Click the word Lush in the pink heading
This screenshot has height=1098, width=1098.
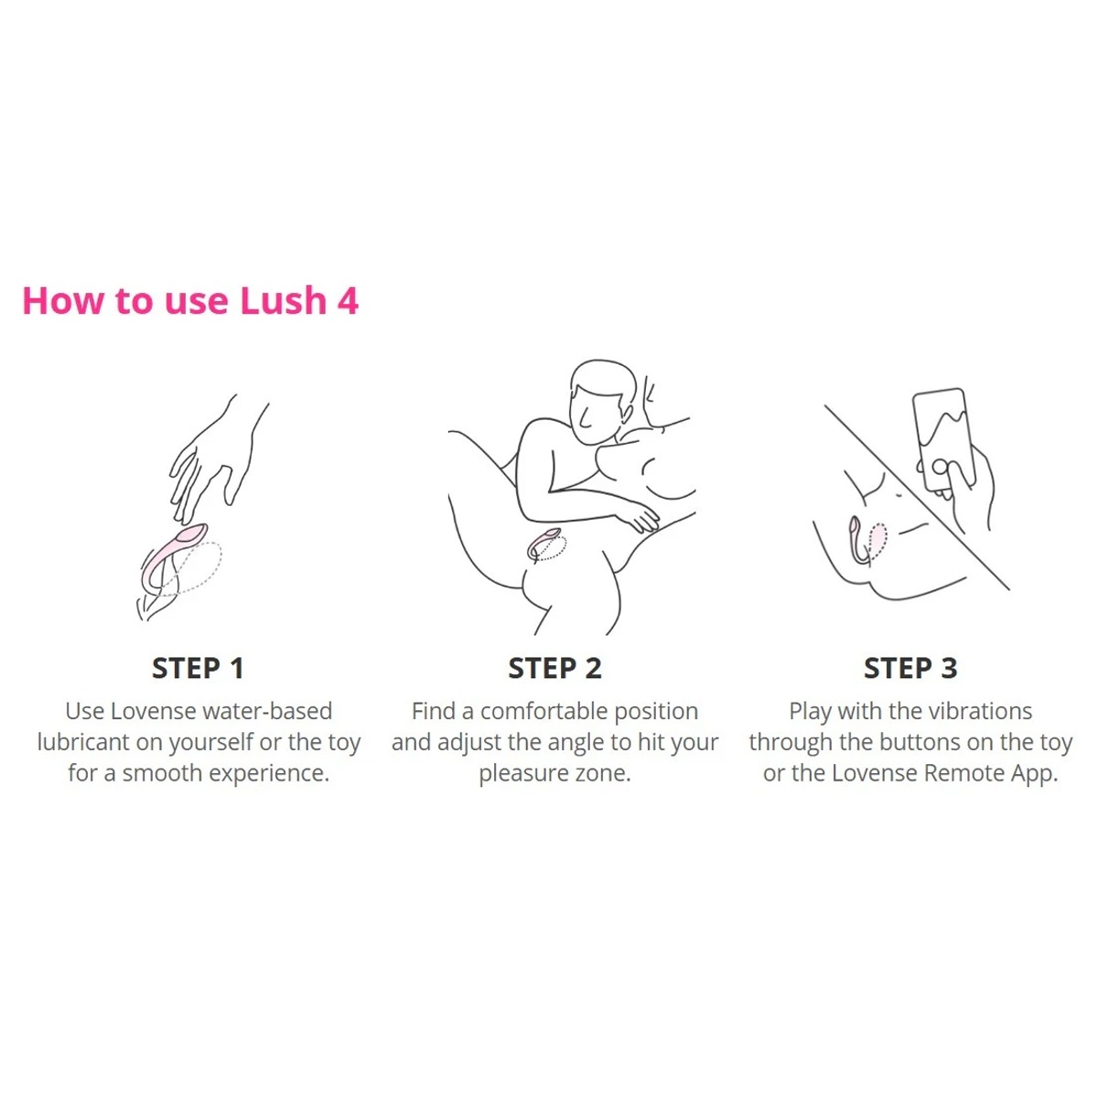(283, 300)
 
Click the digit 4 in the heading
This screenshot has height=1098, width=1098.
(348, 301)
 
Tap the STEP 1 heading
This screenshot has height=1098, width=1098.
(198, 668)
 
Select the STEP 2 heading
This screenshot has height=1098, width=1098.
(554, 668)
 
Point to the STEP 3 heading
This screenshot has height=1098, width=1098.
(910, 668)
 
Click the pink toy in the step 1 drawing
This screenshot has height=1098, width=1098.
(170, 555)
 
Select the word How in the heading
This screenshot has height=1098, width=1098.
(62, 300)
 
